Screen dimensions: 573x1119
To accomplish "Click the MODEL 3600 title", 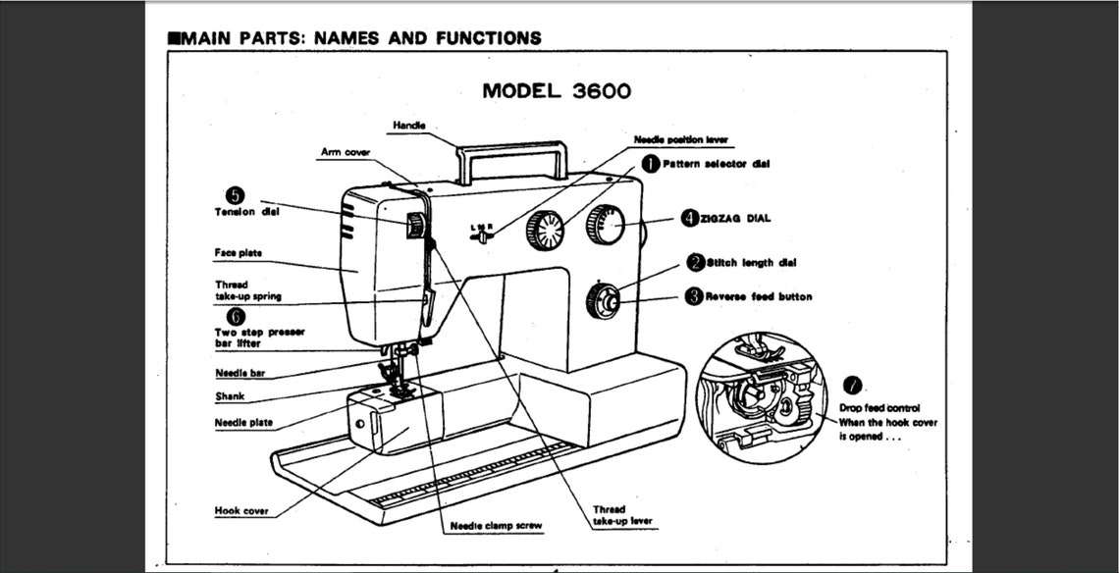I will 557,91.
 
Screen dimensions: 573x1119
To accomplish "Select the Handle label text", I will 408,126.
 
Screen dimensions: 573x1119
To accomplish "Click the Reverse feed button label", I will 758,296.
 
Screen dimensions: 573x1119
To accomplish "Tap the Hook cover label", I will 240,511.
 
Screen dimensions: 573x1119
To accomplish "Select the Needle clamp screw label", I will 496,526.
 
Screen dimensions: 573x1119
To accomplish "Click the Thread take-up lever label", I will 622,516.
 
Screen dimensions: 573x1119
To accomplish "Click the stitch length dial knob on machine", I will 604,300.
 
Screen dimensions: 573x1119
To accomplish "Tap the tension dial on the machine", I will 416,226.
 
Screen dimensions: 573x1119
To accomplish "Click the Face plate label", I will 238,253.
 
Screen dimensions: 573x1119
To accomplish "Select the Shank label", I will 230,397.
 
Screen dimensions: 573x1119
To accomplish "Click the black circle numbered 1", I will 650,164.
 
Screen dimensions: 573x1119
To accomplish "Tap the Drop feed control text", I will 879,407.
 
